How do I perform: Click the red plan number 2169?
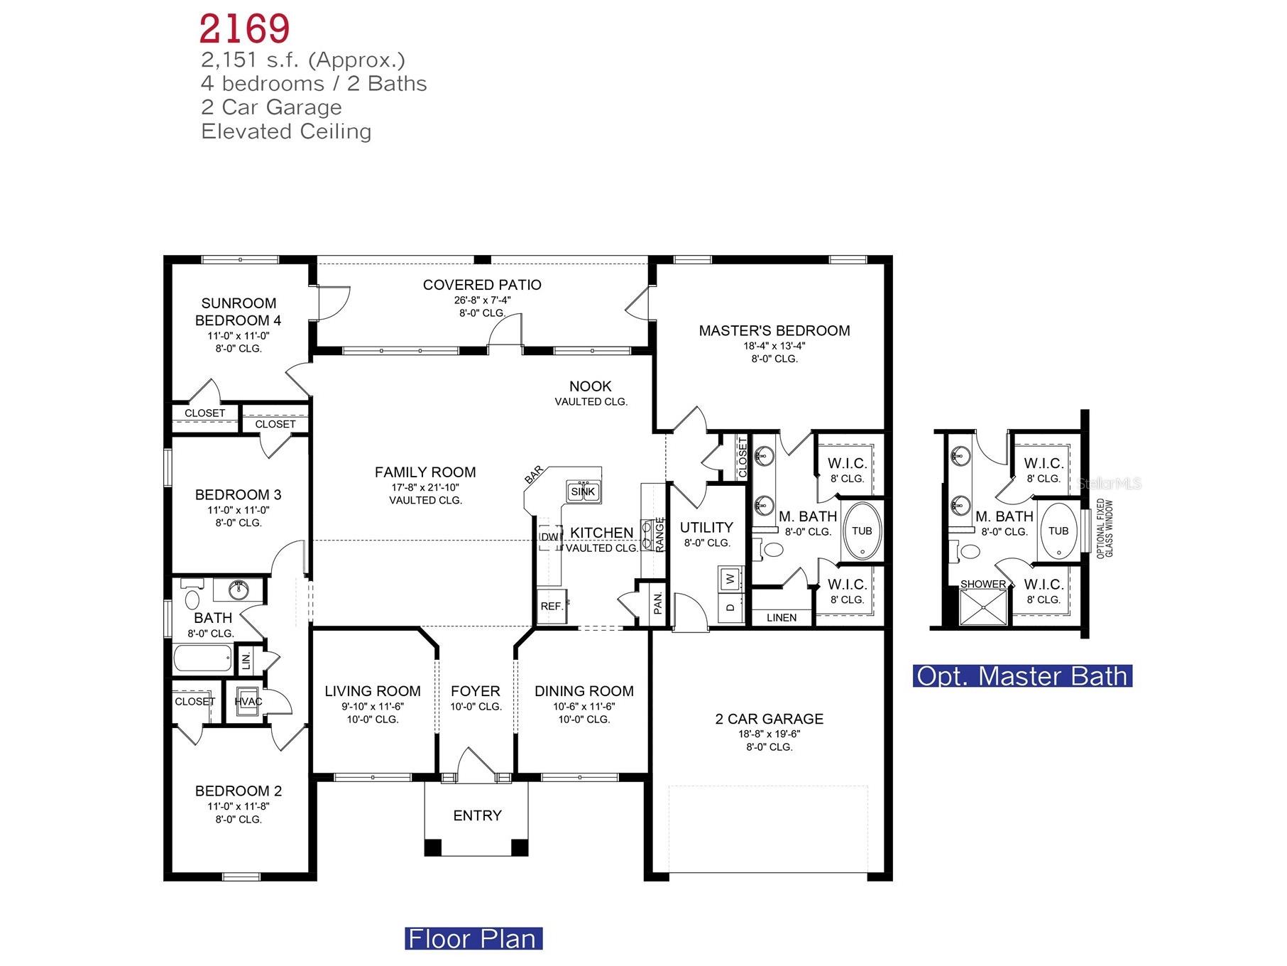click(x=244, y=29)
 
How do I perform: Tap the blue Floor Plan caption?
click(x=473, y=939)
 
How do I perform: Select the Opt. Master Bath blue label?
click(x=1022, y=675)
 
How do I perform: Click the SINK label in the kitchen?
click(x=583, y=492)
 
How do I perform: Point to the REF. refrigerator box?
click(x=552, y=607)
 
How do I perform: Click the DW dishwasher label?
click(x=549, y=537)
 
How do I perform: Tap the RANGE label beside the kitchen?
click(x=659, y=534)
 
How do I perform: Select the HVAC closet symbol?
click(x=248, y=701)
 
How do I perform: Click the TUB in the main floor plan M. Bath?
click(x=862, y=531)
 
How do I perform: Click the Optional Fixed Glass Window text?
click(x=1105, y=528)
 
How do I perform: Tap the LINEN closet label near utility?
click(x=782, y=618)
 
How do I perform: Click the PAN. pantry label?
click(x=658, y=603)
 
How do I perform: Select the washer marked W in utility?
click(x=730, y=579)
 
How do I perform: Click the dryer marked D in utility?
click(x=730, y=607)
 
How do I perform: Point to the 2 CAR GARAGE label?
click(x=770, y=719)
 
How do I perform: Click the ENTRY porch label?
click(x=477, y=815)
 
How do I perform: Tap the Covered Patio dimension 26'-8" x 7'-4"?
click(x=482, y=300)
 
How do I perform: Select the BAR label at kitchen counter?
click(x=534, y=474)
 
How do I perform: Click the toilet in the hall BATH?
click(x=192, y=598)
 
